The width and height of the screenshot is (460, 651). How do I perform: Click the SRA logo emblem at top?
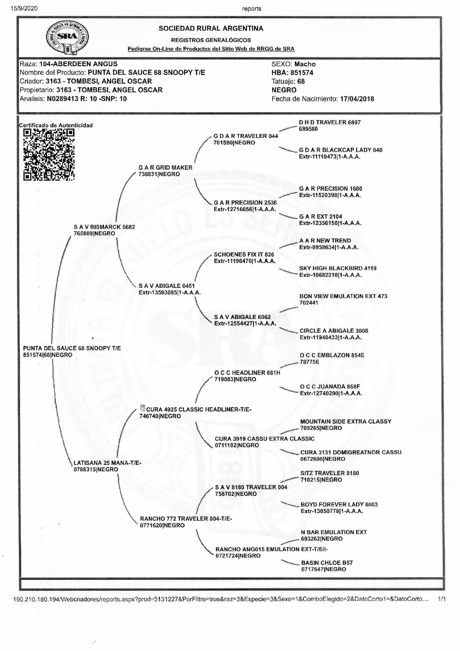tap(67, 37)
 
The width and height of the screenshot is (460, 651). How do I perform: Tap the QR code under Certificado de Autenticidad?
tap(49, 154)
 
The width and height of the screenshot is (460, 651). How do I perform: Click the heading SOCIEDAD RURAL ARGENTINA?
tap(211, 29)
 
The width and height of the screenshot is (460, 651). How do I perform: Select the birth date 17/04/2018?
tap(357, 99)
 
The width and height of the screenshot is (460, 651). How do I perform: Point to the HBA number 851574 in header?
tap(302, 73)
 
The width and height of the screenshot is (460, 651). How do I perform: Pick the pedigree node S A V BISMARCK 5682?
tap(104, 227)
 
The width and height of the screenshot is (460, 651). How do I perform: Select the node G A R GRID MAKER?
tap(166, 168)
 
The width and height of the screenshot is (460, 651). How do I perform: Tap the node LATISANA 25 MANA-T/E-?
tap(107, 463)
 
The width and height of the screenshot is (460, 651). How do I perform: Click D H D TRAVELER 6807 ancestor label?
tap(330, 122)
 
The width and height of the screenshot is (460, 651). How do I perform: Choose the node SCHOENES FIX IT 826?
tap(244, 254)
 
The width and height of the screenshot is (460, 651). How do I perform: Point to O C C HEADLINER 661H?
tap(247, 373)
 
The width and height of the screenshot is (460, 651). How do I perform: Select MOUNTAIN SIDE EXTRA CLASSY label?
tap(346, 421)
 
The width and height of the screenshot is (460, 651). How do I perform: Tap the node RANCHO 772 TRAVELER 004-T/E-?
tap(186, 519)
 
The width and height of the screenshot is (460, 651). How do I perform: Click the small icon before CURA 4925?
tap(143, 409)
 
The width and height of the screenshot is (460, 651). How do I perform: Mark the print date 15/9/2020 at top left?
tap(24, 9)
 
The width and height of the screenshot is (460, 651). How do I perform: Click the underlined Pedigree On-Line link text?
tap(211, 49)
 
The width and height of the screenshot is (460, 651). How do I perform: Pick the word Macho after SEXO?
tap(305, 64)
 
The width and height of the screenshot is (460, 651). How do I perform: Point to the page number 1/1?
tap(442, 599)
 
